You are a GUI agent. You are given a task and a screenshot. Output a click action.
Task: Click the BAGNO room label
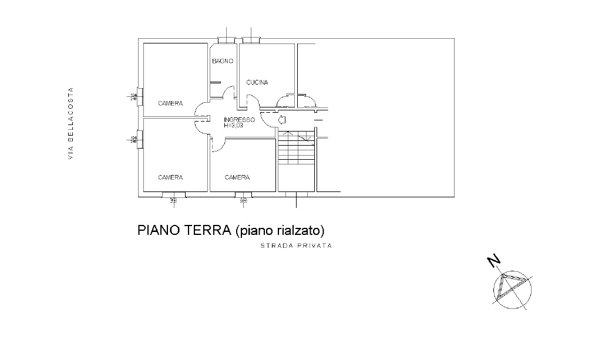point(223,61)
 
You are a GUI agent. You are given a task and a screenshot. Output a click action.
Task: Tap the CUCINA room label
point(257,83)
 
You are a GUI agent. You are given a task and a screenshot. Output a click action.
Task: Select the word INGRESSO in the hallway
point(238,120)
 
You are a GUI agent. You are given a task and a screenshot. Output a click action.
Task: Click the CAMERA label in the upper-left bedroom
point(170,103)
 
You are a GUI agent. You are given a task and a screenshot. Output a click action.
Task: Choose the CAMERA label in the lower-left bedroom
point(170,177)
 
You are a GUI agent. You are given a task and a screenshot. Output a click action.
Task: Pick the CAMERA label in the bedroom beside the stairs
point(237,177)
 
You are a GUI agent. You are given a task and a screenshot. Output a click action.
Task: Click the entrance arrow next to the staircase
point(281,120)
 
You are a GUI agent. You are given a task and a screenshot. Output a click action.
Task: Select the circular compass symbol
point(513,290)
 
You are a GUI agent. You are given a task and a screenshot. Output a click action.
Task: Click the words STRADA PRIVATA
point(296,246)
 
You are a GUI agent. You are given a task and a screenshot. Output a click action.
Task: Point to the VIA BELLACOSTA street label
point(70,123)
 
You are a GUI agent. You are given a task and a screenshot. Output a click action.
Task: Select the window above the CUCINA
point(251,40)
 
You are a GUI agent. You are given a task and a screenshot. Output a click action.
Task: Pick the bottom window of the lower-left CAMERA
point(173,194)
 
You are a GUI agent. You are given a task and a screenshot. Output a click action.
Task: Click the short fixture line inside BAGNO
point(216,82)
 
